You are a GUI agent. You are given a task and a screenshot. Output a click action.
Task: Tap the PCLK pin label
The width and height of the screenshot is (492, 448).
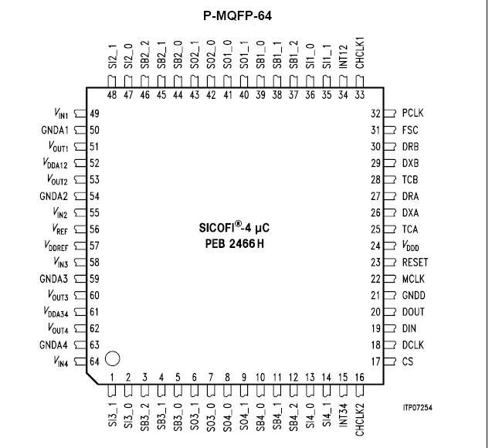click(x=412, y=113)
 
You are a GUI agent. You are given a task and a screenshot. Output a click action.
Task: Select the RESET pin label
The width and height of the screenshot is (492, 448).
click(x=415, y=263)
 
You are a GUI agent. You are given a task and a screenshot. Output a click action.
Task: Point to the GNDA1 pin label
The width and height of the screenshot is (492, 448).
click(x=54, y=130)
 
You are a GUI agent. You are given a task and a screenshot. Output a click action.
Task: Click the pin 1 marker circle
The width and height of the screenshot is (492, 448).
click(x=112, y=358)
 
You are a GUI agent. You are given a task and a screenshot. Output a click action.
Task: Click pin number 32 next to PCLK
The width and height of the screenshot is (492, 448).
click(x=376, y=113)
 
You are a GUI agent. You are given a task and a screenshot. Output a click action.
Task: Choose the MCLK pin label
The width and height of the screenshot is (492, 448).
click(x=414, y=279)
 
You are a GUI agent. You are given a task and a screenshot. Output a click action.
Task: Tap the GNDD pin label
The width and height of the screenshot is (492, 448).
click(x=413, y=296)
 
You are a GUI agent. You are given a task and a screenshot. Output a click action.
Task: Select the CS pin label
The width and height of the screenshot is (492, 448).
click(x=408, y=362)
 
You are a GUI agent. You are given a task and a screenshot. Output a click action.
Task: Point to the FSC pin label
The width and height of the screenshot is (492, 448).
click(x=410, y=130)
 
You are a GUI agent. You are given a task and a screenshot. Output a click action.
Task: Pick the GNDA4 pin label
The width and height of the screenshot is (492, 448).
click(x=54, y=345)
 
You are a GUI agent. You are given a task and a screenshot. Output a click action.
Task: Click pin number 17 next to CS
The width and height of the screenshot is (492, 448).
click(x=376, y=362)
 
